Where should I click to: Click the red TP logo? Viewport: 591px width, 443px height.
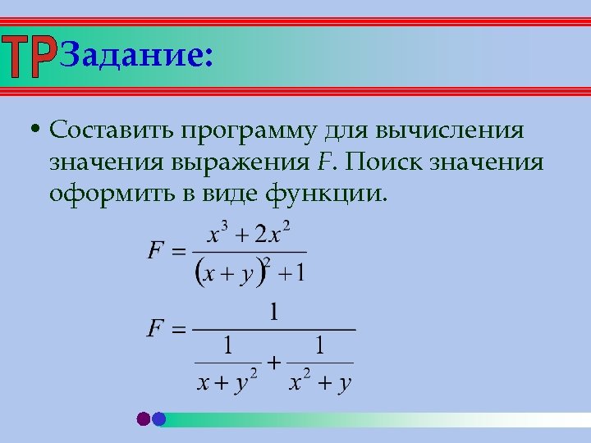(x=30, y=57)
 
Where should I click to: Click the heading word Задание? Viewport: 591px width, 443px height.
(x=136, y=56)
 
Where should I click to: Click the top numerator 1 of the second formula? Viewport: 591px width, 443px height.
(x=274, y=313)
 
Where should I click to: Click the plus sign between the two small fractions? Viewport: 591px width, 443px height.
(x=273, y=362)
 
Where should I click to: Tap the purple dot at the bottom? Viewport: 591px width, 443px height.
(x=144, y=419)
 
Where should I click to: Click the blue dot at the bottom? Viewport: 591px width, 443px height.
(x=159, y=419)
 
